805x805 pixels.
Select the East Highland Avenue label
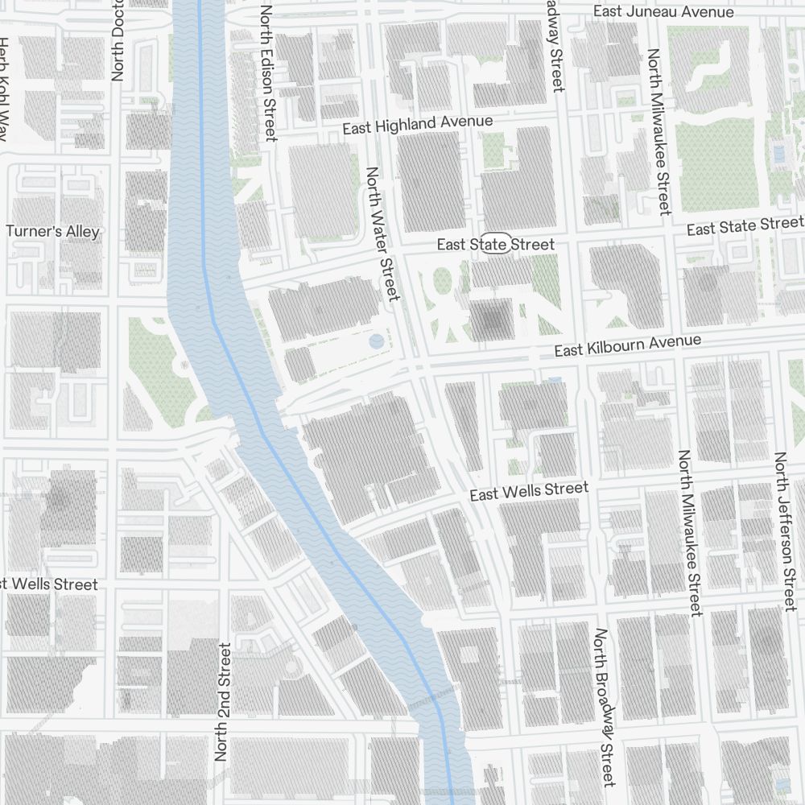417,125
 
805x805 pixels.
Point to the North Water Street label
382,233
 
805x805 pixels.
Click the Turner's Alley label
53,232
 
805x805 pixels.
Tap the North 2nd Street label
223,702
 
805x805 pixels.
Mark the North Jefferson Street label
785,531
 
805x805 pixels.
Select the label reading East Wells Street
529,491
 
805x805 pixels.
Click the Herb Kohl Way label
5,89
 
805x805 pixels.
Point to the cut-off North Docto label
118,40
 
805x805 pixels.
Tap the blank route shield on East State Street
496,244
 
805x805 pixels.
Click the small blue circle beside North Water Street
376,341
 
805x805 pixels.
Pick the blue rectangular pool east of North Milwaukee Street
778,151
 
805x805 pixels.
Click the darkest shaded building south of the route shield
491,320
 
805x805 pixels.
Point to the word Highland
417,125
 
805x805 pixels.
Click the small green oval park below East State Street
441,282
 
